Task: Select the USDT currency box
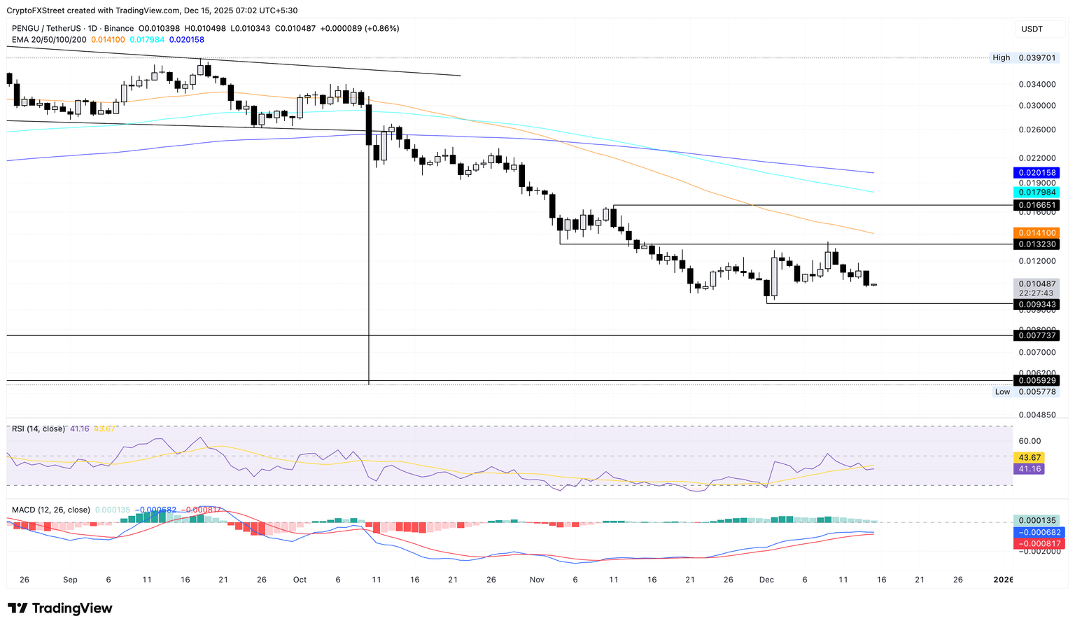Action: (1032, 29)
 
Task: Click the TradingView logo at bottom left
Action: (60, 608)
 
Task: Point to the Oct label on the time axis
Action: (300, 580)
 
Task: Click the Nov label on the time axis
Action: (537, 580)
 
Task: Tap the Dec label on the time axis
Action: (766, 580)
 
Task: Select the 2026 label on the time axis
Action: (1003, 580)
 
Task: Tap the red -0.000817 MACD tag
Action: (1039, 543)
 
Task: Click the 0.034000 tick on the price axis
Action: (1037, 84)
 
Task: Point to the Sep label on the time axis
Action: (70, 580)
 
